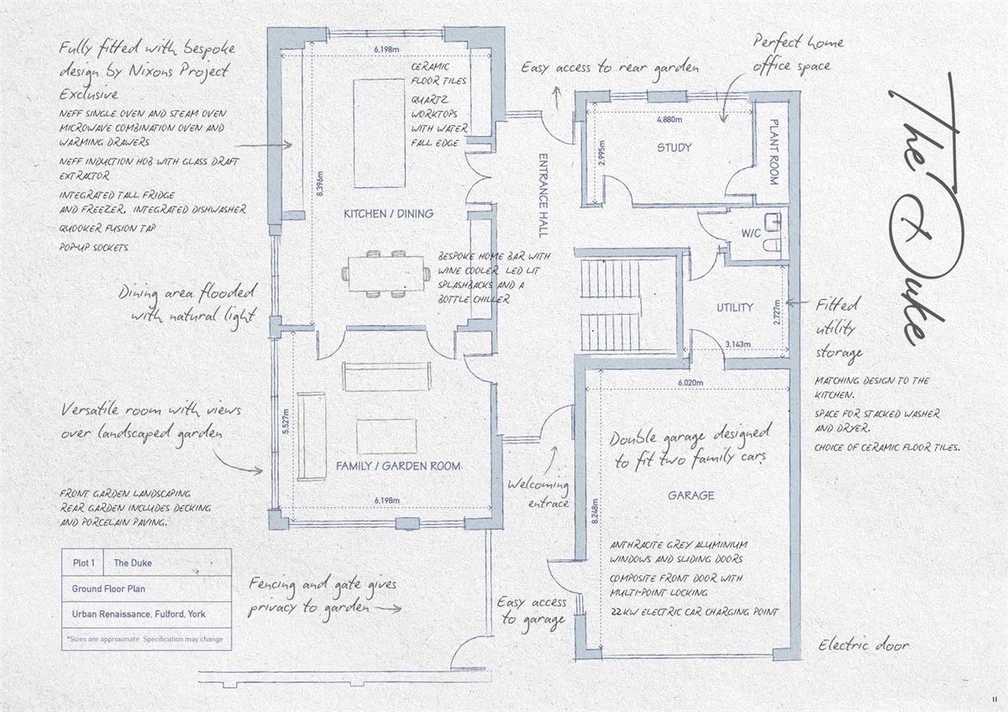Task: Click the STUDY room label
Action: coord(674,148)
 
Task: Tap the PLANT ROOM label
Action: coord(774,152)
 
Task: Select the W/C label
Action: coord(751,233)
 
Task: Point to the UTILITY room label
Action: coord(735,307)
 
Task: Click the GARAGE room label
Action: coord(690,495)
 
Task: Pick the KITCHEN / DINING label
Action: coord(388,213)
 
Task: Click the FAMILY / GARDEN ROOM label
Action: coord(398,466)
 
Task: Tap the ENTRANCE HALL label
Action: coord(543,196)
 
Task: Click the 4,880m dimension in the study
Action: coord(669,119)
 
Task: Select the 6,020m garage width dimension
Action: coord(690,383)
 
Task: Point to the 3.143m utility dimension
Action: coord(738,344)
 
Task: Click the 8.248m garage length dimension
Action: coord(595,511)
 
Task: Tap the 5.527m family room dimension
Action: coord(286,421)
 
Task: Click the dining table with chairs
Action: coord(386,274)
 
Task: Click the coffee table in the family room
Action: coord(386,437)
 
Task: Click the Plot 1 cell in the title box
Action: coord(83,563)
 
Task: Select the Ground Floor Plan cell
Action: coord(108,589)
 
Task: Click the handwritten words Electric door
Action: coord(864,646)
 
